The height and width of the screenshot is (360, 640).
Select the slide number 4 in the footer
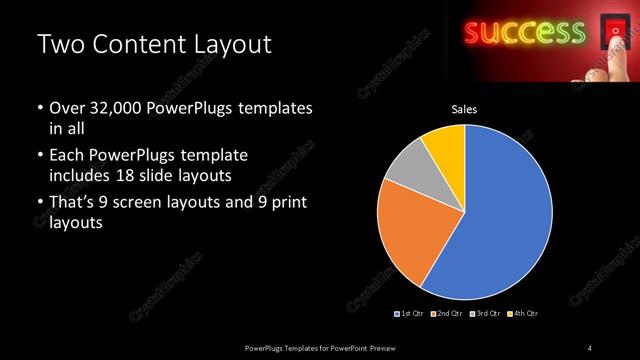click(x=589, y=347)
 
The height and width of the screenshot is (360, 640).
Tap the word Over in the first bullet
click(x=65, y=108)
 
